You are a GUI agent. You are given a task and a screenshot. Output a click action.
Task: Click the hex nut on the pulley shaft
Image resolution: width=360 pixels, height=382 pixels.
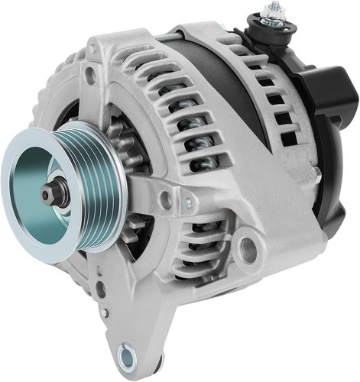[50, 195]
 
